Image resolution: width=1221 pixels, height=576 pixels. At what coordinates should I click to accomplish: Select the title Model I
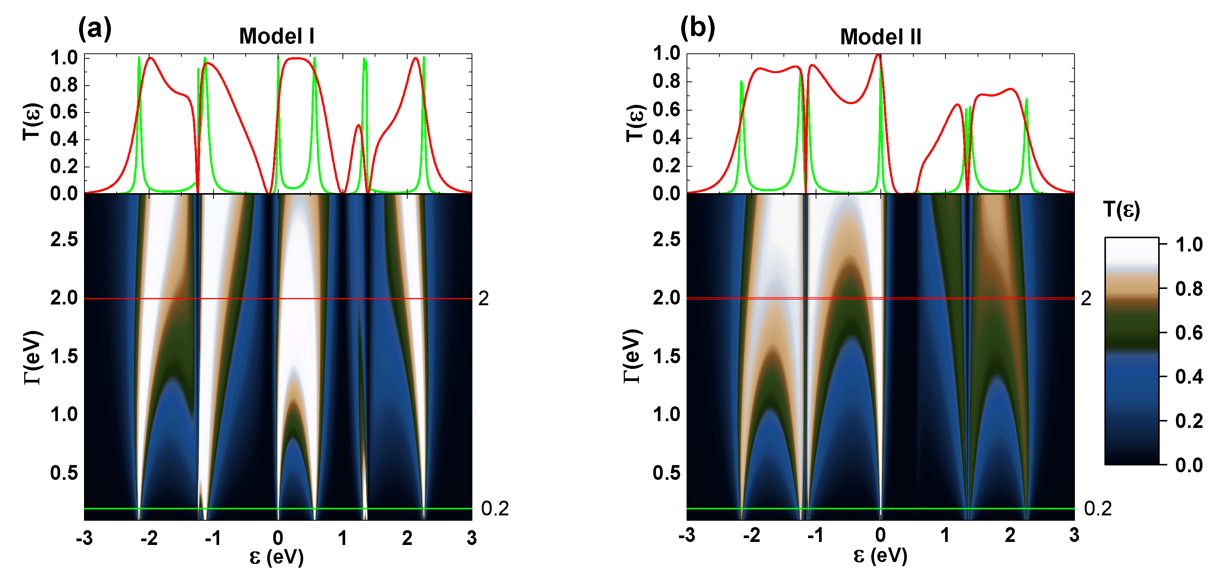click(276, 36)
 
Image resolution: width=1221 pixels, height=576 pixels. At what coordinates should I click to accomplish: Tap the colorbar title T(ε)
click(1121, 209)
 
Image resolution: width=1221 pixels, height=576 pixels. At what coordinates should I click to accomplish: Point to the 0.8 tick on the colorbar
click(1189, 289)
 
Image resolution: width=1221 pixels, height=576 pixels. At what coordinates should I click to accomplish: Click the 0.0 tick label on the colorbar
click(1189, 465)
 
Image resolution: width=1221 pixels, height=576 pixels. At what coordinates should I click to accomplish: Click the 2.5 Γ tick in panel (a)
click(64, 239)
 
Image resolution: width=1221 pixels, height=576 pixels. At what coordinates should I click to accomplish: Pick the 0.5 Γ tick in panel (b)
click(667, 473)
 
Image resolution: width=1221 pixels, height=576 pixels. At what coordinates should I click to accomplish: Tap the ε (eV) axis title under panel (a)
click(276, 557)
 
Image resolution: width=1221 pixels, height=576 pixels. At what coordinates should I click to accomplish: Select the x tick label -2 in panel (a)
click(149, 538)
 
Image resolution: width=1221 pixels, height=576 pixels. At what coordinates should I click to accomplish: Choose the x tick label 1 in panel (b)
click(945, 535)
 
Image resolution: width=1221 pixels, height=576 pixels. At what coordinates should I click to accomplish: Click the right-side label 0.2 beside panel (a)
click(494, 509)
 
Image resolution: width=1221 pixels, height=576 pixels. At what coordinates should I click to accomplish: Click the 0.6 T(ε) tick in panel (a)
click(64, 112)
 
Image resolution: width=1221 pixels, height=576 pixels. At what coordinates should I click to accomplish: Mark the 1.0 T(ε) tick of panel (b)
click(667, 53)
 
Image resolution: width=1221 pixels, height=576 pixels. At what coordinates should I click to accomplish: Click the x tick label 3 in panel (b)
click(1074, 535)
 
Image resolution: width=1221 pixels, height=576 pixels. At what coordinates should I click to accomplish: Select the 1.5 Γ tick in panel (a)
click(64, 356)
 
